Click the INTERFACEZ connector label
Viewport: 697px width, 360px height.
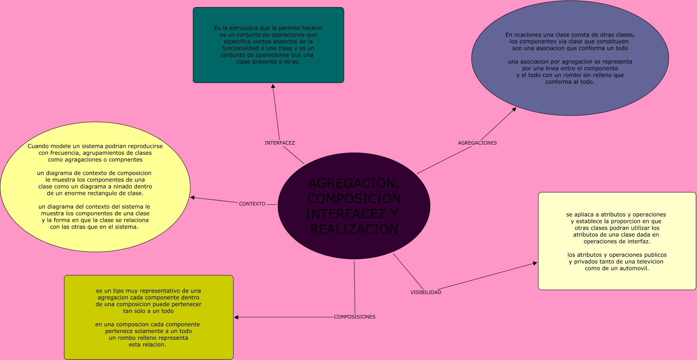280,143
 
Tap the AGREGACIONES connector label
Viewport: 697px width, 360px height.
477,143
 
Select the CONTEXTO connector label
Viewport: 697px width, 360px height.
252,204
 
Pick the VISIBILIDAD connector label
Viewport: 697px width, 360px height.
426,292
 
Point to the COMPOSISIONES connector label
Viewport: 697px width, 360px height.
354,317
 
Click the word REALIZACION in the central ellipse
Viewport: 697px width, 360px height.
354,229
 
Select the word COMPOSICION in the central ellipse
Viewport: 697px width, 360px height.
354,198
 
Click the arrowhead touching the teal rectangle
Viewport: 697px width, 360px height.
273,86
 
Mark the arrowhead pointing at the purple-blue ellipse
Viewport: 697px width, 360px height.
514,109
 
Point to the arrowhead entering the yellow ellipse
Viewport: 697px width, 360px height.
192,198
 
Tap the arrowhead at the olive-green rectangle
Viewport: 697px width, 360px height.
236,317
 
